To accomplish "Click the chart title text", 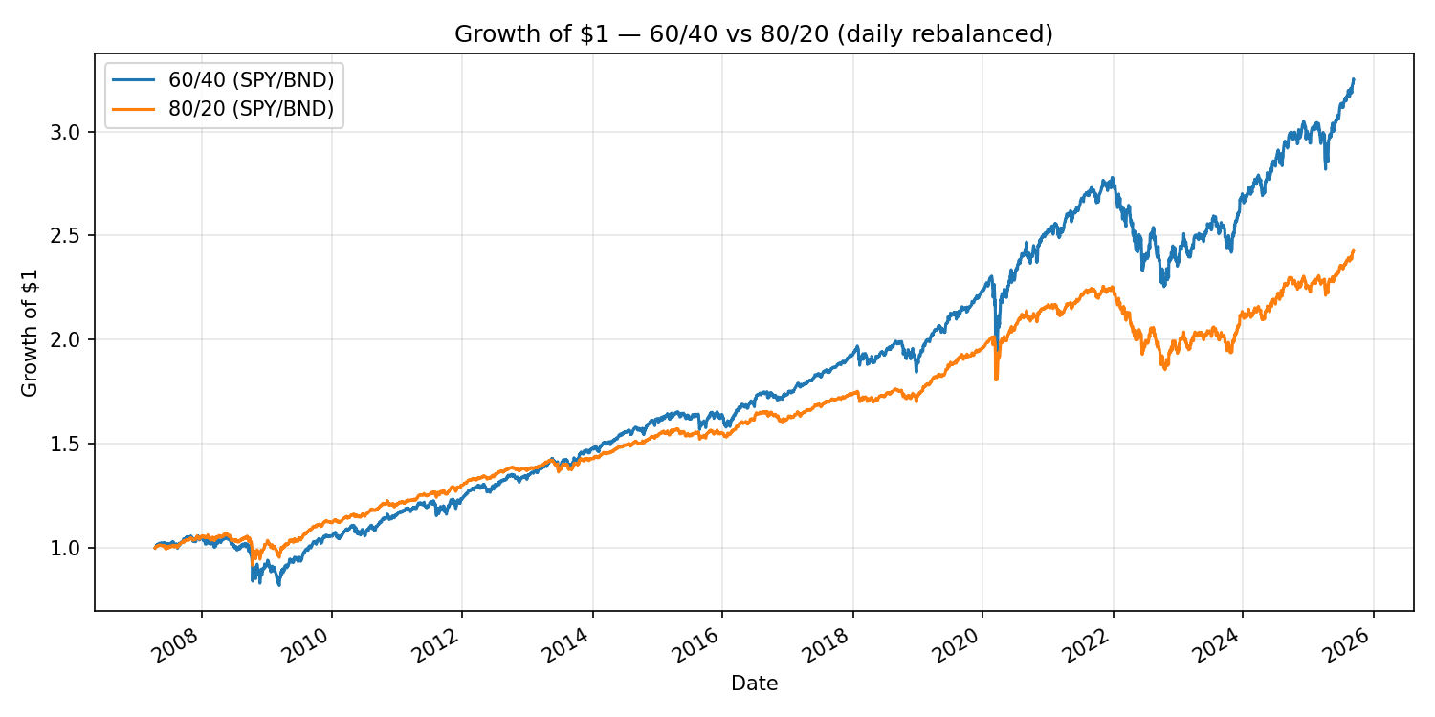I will pyautogui.click(x=753, y=34).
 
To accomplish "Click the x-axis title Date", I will pyautogui.click(x=754, y=684).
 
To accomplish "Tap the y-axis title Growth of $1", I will pyautogui.click(x=31, y=332).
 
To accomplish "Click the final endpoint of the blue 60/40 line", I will pyautogui.click(x=1353, y=79).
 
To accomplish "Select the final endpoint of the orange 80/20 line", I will pyautogui.click(x=1353, y=250).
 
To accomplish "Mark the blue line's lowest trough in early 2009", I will pyautogui.click(x=278, y=584).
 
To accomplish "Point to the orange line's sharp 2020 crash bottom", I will pyautogui.click(x=996, y=380).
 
